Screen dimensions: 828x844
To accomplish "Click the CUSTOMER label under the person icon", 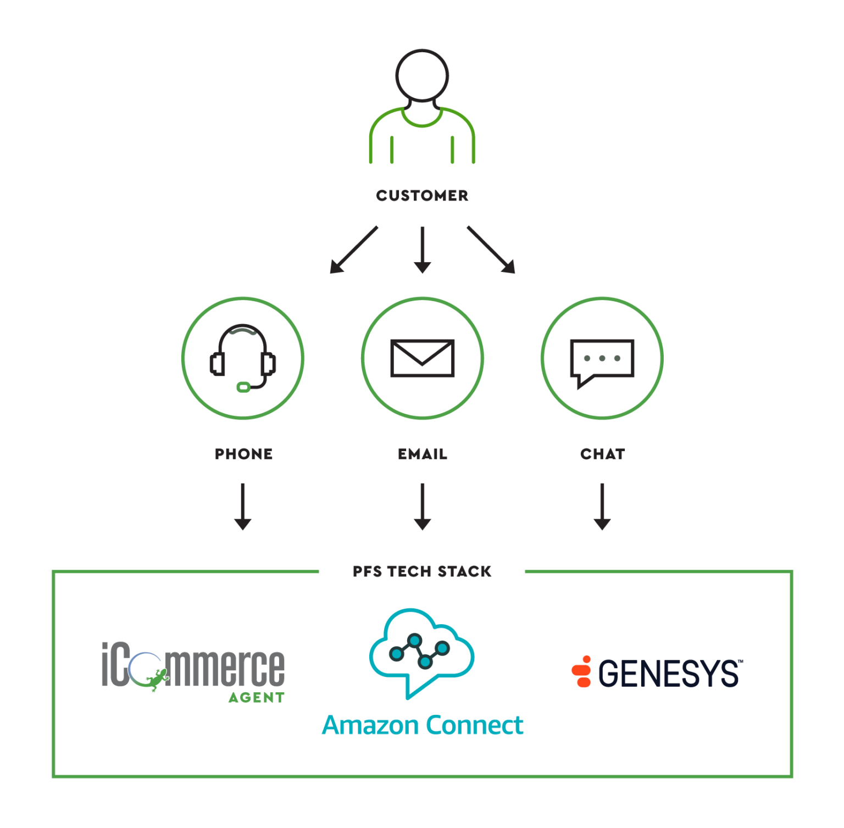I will tap(422, 196).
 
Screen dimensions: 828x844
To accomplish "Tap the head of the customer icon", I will tap(422, 75).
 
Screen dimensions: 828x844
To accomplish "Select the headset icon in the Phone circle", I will tap(243, 358).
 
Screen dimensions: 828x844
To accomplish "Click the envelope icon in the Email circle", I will tap(422, 358).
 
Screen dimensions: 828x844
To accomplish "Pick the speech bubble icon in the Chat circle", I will tap(602, 360).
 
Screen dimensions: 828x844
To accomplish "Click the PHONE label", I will tap(243, 454).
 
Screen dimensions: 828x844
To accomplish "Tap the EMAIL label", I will tap(422, 454).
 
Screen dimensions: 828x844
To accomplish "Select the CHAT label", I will tap(602, 454).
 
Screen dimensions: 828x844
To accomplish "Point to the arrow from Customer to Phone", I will tap(353, 249).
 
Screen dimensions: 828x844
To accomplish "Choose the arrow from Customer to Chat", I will tap(491, 249).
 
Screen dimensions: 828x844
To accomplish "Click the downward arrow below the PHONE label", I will tap(243, 507).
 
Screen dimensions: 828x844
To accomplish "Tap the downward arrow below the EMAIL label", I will tap(422, 507).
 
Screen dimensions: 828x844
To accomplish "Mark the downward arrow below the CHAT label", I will tap(602, 507).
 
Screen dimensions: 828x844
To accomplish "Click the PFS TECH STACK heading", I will tap(422, 571).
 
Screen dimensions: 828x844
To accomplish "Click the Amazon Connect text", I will tap(422, 725).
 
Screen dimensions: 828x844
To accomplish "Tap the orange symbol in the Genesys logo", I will tap(581, 671).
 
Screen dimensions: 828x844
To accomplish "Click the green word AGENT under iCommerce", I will tap(256, 697).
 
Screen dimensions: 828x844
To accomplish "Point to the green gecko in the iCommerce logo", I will tap(156, 680).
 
